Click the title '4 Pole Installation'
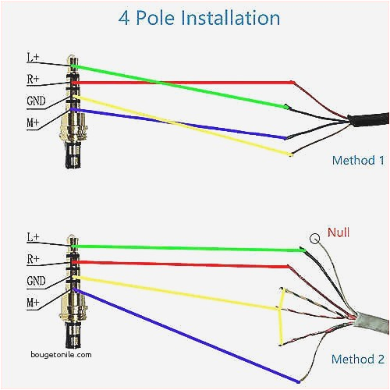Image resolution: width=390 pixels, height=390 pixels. (199, 17)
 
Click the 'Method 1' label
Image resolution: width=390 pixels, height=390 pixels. (358, 161)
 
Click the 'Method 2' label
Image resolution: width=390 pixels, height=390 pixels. (358, 360)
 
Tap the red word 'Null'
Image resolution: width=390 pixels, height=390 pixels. (339, 232)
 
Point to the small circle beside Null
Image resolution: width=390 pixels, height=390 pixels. (314, 238)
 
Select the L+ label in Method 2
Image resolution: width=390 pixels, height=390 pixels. (34, 236)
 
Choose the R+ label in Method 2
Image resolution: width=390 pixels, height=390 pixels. (34, 257)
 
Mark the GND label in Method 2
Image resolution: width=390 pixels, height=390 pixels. (36, 279)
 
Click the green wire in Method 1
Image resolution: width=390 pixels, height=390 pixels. (179, 87)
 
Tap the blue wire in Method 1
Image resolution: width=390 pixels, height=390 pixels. (179, 124)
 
